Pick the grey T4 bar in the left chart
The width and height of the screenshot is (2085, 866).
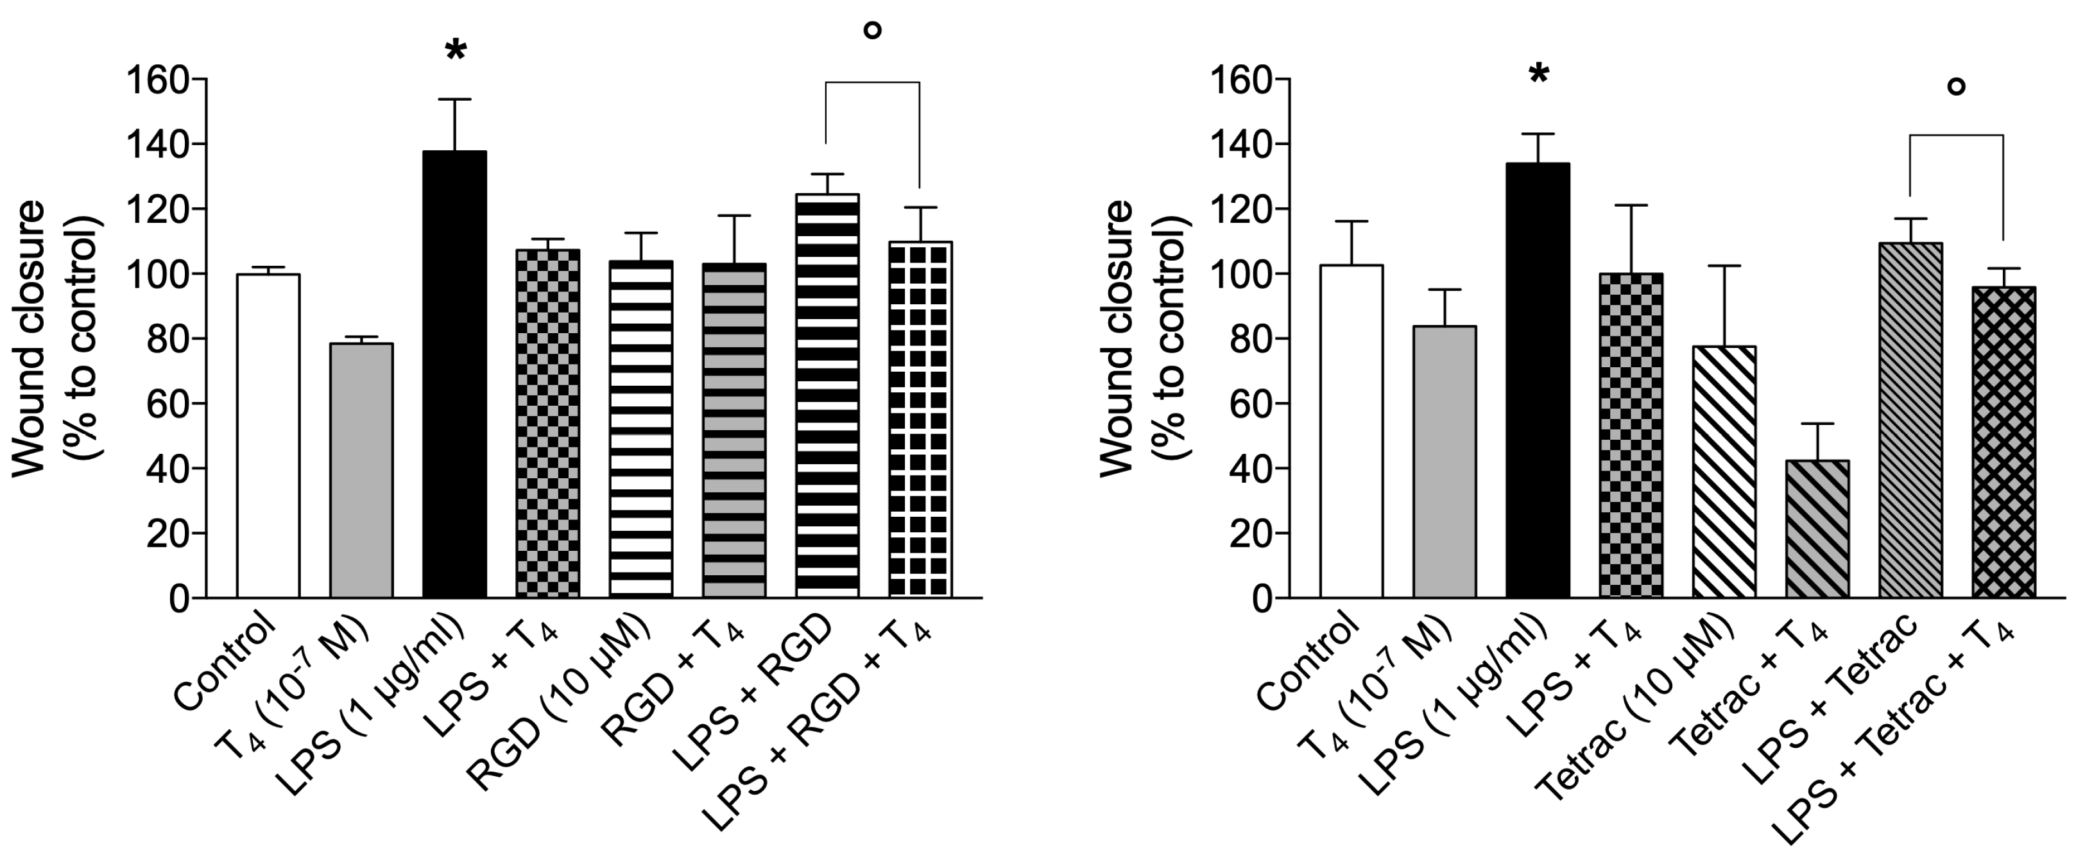(361, 470)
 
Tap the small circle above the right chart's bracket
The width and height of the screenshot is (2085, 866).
(1955, 87)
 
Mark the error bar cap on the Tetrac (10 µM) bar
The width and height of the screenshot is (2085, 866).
(1724, 266)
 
